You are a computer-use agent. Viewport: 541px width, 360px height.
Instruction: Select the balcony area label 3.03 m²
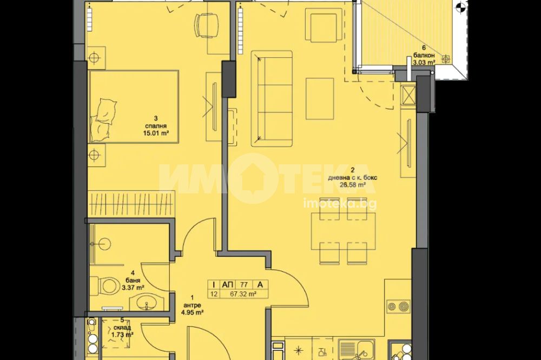click(424, 62)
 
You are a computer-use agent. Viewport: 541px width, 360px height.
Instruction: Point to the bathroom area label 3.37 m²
click(133, 287)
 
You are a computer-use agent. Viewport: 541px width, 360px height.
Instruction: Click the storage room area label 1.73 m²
click(122, 334)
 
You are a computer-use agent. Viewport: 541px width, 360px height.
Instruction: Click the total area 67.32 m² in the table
click(243, 294)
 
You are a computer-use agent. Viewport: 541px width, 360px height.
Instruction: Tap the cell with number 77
click(244, 284)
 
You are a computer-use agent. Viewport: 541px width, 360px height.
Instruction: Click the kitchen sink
click(360, 350)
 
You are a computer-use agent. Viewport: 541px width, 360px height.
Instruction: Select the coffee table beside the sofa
click(320, 98)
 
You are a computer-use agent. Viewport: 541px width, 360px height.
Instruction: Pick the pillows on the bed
click(102, 119)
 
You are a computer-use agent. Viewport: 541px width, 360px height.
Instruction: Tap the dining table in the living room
click(344, 231)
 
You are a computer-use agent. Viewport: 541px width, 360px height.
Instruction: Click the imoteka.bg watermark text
click(340, 204)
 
